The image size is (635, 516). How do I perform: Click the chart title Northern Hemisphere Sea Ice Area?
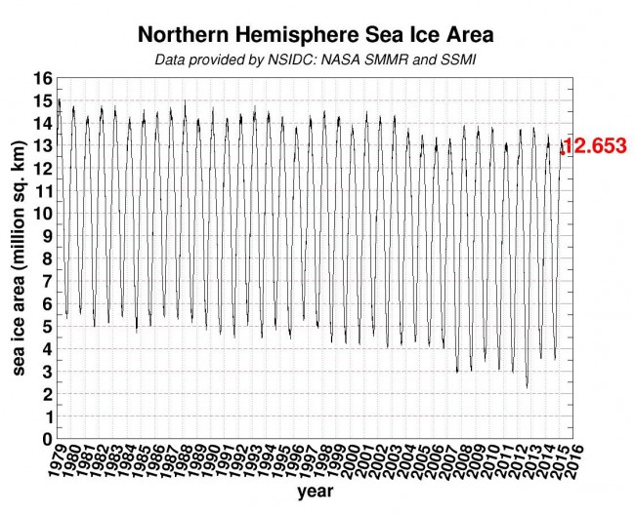[x=316, y=35]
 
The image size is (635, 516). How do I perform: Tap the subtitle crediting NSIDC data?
[x=316, y=60]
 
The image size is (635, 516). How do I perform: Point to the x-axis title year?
[x=315, y=493]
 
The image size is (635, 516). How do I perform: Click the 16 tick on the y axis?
[x=42, y=78]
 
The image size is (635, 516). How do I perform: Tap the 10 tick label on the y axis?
[x=42, y=214]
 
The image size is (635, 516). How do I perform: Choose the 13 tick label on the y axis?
[x=42, y=146]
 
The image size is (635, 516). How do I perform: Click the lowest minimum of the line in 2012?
[x=527, y=387]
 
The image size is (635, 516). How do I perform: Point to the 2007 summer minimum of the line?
[x=457, y=372]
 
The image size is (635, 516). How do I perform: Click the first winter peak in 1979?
[x=60, y=99]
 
